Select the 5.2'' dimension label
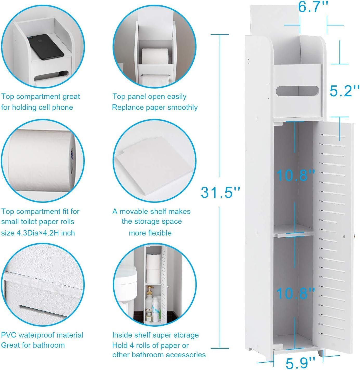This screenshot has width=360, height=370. (x=344, y=91)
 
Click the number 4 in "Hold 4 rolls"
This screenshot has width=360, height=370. (x=131, y=345)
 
